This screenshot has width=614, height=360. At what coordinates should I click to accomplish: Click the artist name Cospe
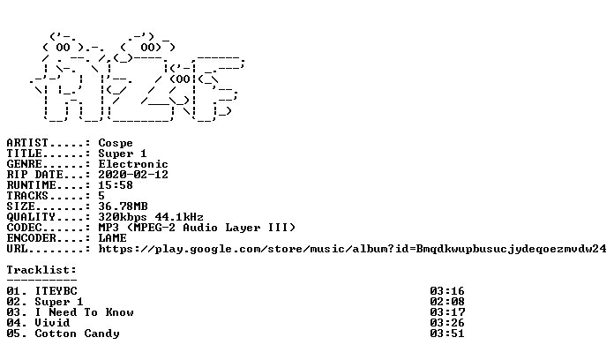[x=116, y=143]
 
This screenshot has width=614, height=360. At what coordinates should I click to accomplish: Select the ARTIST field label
[x=27, y=143]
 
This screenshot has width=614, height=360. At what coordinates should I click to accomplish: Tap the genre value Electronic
[x=133, y=164]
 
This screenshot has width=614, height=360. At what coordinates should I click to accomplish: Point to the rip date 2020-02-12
[x=133, y=175]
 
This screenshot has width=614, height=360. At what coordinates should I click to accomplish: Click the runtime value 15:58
[x=116, y=185]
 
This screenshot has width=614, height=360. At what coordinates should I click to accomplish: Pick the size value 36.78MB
[x=123, y=206]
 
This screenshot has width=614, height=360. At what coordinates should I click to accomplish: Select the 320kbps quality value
[x=123, y=217]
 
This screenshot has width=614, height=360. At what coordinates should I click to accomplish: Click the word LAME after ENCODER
[x=112, y=238]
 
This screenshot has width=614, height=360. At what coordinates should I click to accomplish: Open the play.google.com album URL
[x=352, y=249]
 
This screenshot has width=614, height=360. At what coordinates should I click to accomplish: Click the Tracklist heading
[x=41, y=270]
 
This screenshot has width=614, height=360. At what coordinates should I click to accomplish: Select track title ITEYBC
[x=56, y=291]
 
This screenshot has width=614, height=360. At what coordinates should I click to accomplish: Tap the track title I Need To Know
[x=84, y=312]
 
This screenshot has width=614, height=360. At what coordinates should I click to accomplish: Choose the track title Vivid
[x=52, y=323]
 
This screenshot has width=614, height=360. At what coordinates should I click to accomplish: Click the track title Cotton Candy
[x=77, y=334]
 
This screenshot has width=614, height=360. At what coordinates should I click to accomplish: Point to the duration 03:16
[x=447, y=291]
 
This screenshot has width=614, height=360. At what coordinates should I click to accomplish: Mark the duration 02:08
[x=447, y=302]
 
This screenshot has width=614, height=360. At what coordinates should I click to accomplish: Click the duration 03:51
[x=447, y=334]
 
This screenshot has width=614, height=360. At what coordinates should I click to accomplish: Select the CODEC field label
[x=25, y=228]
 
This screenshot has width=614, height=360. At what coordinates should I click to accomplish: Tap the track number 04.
[x=14, y=323]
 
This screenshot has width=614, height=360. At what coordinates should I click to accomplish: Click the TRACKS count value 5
[x=101, y=196]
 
